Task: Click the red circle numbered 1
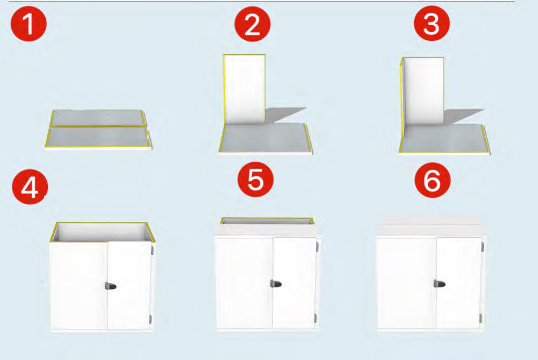(28, 24)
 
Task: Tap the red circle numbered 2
(253, 24)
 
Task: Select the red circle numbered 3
(432, 23)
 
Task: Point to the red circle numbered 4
(30, 186)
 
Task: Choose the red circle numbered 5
(256, 179)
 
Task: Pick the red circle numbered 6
(432, 180)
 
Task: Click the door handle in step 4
(111, 286)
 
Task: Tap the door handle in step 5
(276, 284)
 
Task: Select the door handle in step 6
(439, 284)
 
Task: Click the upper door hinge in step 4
(152, 250)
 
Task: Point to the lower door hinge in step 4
(150, 320)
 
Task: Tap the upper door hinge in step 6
(483, 247)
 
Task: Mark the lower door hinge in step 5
(315, 318)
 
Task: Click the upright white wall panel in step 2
(244, 89)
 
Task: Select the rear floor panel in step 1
(98, 118)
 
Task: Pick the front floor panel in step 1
(98, 138)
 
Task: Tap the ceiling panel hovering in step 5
(267, 221)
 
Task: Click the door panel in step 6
(459, 283)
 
